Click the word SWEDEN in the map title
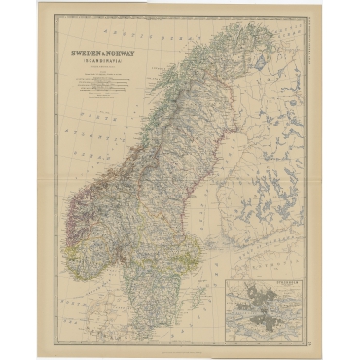pyautogui.click(x=82, y=54)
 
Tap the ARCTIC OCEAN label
pyautogui.click(x=146, y=23)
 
